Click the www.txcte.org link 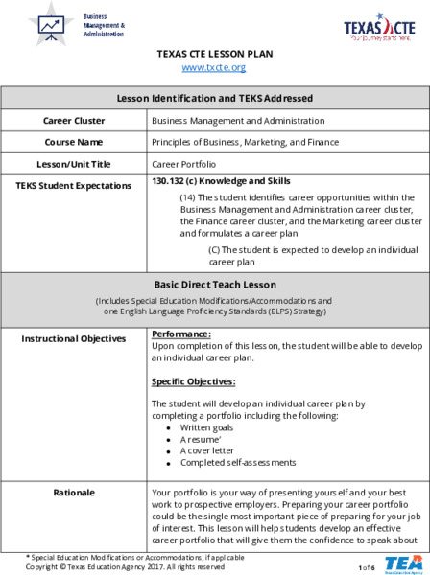[214, 67]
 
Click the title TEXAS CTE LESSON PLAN [214, 54]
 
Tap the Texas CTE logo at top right [380, 28]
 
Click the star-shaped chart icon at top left [50, 25]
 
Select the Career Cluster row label [74, 121]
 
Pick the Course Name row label [74, 142]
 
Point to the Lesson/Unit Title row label [74, 164]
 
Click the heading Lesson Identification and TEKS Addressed [214, 98]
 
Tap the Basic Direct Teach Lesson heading [214, 285]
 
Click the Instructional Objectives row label [74, 338]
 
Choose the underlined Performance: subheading [181, 333]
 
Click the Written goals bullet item [209, 427]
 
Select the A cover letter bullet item [207, 450]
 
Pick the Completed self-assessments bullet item [231, 463]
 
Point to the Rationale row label [74, 493]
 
